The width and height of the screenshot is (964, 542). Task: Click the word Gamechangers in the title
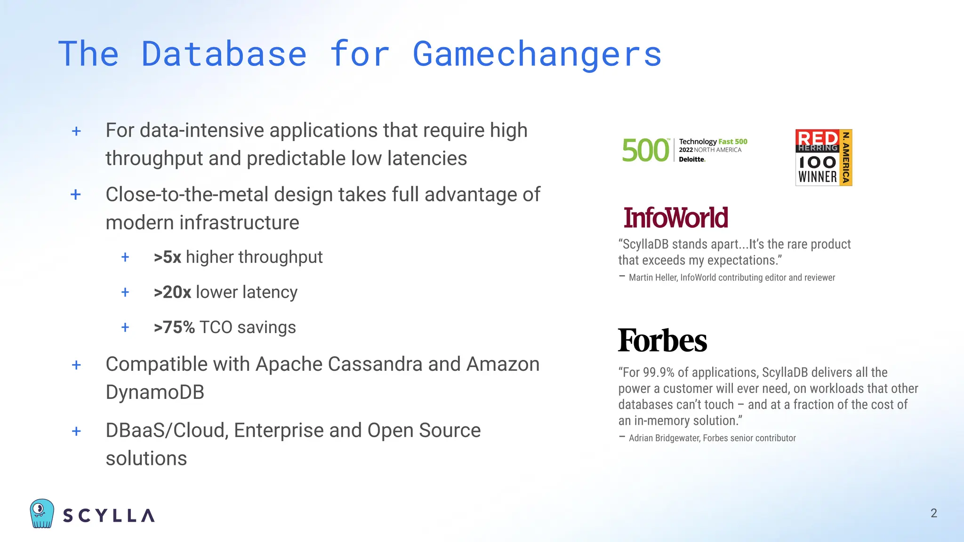click(x=537, y=54)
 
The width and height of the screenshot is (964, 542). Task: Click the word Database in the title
click(x=224, y=54)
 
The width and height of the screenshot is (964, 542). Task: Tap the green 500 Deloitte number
click(x=645, y=151)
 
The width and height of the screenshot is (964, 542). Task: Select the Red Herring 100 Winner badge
click(x=823, y=158)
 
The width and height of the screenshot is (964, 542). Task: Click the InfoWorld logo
click(x=675, y=218)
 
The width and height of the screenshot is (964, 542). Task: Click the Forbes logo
click(x=662, y=341)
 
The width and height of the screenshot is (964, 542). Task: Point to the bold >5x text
click(x=167, y=257)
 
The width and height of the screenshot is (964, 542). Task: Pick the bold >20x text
click(x=172, y=292)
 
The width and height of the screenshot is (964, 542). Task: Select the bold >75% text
click(x=174, y=327)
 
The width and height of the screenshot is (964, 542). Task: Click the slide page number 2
click(x=934, y=513)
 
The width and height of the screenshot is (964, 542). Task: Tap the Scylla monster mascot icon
click(x=42, y=513)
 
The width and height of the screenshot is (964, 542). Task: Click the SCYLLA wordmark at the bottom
click(x=109, y=516)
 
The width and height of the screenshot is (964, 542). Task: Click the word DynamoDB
click(x=155, y=392)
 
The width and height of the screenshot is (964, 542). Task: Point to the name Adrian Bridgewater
click(x=665, y=438)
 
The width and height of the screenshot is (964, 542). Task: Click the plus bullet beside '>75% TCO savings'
click(x=125, y=327)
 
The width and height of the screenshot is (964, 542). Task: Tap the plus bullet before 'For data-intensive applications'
click(x=76, y=131)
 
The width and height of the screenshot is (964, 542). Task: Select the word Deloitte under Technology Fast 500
click(x=691, y=159)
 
